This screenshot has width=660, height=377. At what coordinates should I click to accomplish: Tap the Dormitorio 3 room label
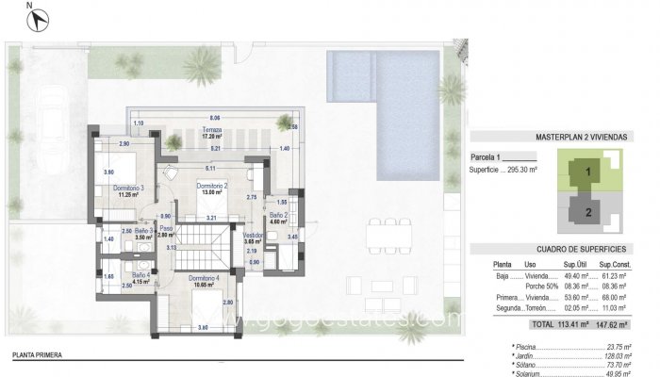(128, 188)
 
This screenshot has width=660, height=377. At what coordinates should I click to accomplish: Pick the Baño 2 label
(278, 216)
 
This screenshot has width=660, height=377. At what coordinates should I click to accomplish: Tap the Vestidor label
(253, 235)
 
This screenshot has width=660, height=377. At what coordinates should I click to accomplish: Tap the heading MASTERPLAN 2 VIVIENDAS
(580, 137)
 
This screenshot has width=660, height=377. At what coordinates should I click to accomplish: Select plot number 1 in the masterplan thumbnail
(588, 172)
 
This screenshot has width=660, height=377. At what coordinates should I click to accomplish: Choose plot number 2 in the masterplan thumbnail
(588, 212)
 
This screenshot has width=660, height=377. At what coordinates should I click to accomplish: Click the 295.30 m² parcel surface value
(543, 171)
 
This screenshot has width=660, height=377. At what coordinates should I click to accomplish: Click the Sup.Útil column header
(575, 264)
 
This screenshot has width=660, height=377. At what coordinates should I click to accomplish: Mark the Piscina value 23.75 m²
(620, 347)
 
